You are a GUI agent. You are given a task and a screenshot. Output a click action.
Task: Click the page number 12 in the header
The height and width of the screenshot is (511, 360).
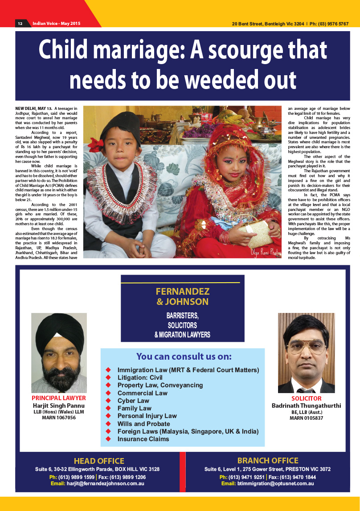coord(20,23)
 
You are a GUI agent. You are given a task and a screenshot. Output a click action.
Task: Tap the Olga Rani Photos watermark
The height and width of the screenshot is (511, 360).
coord(266,252)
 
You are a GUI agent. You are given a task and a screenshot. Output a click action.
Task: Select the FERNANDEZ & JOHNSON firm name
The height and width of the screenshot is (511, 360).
coord(183,297)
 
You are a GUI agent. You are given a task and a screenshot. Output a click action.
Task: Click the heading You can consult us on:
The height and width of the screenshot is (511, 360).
coord(184,357)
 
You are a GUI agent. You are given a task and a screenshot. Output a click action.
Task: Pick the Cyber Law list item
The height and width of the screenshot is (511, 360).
coord(133,401)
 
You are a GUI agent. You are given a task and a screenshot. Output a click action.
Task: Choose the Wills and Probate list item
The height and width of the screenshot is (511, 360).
coord(143,424)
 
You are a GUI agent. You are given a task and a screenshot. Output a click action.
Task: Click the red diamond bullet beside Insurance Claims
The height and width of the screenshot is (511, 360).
coord(108,439)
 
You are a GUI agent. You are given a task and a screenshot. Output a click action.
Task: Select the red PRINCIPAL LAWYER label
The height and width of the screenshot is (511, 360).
coord(59,398)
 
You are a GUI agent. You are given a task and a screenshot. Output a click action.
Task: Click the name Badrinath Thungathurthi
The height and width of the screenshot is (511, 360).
coord(307,406)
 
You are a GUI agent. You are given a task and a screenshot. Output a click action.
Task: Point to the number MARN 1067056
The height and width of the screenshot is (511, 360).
coord(59,418)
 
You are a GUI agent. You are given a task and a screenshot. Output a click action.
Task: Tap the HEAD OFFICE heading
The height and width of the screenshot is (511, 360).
coord(99,461)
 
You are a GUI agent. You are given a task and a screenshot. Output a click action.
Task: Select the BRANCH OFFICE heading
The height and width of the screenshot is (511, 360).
coord(268,461)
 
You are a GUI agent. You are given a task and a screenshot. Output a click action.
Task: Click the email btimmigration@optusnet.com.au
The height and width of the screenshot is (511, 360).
coord(275,483)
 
